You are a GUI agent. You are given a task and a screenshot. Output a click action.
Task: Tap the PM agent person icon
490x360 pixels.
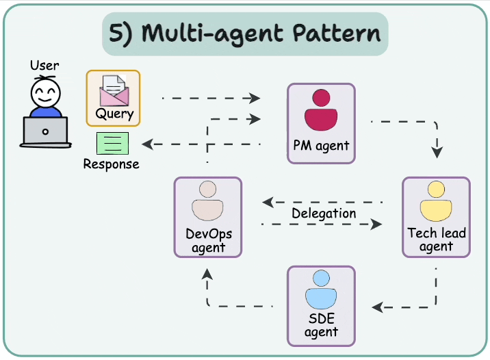point(320,111)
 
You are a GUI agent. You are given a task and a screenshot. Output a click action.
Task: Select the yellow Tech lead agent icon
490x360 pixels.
point(435,201)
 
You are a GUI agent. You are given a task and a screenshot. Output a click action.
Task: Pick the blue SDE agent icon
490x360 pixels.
point(320,290)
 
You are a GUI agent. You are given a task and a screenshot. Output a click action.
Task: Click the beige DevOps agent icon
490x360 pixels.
point(207,201)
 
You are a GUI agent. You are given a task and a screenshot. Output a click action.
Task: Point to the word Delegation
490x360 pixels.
point(324,213)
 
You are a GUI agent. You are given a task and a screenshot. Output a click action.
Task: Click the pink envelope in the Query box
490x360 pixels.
point(113,90)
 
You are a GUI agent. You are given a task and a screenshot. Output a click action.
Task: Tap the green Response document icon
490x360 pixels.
point(112,144)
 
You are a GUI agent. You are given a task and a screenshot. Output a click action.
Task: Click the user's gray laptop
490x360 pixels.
point(46,131)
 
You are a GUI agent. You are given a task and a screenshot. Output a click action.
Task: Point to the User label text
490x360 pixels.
point(44,66)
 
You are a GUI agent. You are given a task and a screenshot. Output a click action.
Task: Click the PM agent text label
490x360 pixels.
point(321,145)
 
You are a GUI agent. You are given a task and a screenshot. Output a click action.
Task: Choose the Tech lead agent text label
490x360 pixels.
point(436,240)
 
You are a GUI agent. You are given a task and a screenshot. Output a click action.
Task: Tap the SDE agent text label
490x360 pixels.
point(321,326)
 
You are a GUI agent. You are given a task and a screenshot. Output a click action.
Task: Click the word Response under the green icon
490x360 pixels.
point(111,164)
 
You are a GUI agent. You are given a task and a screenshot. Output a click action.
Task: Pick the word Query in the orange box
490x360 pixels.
point(114,114)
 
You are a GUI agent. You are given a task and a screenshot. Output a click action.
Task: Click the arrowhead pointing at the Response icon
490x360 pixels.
point(146,144)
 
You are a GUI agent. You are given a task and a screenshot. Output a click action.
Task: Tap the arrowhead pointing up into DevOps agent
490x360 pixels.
point(207,273)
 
